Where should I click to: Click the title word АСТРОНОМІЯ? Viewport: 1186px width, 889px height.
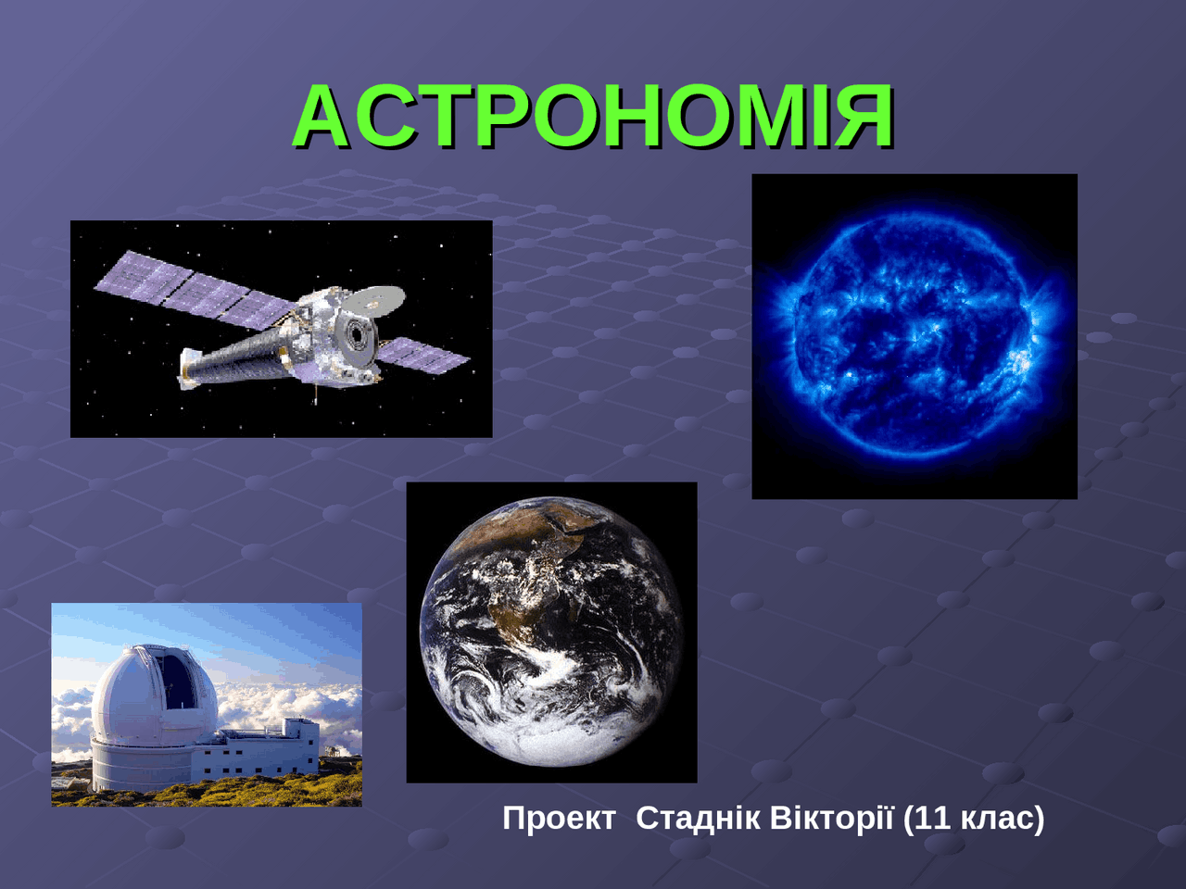[593, 116]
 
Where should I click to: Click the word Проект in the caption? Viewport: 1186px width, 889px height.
[560, 819]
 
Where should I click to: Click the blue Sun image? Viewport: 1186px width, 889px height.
[915, 336]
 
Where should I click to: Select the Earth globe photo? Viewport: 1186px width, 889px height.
[551, 632]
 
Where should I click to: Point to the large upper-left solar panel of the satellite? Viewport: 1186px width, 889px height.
[195, 290]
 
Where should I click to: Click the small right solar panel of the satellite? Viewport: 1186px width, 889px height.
[423, 356]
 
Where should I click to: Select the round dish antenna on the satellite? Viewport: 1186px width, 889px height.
[374, 299]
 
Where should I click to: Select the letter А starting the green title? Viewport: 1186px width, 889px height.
[320, 116]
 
